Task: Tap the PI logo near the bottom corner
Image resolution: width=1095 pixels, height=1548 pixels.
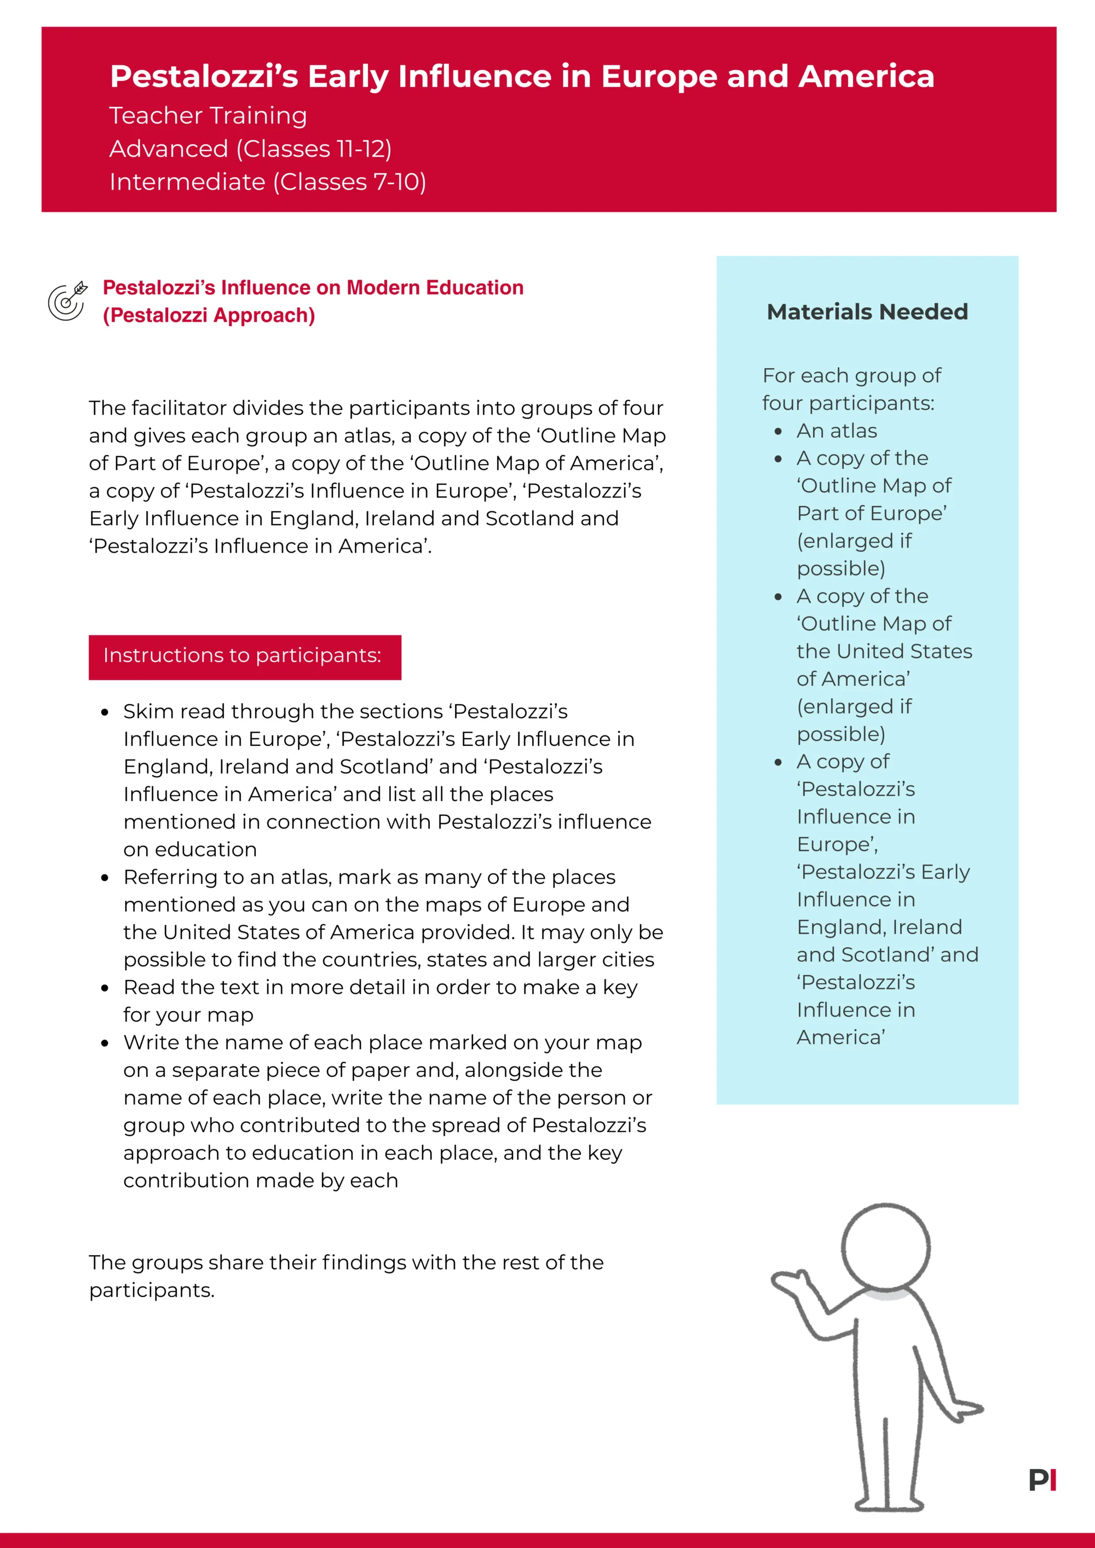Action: click(1042, 1480)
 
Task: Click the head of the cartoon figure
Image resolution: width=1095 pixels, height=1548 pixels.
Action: click(886, 1247)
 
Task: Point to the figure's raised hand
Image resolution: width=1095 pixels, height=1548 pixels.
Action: click(789, 1282)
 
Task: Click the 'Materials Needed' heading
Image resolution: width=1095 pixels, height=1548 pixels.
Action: click(867, 312)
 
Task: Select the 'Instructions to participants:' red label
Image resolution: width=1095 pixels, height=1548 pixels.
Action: click(244, 656)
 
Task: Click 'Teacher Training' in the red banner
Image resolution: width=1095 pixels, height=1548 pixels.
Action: click(208, 116)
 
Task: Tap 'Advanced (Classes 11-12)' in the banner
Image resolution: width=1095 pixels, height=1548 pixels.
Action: click(250, 149)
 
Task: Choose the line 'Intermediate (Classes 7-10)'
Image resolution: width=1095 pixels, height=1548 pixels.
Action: click(267, 182)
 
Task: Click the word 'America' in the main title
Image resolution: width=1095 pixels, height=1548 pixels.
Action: click(866, 76)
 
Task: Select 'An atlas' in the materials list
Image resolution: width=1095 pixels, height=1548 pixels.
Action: click(837, 431)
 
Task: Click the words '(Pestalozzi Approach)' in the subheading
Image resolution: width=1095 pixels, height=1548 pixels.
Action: click(209, 316)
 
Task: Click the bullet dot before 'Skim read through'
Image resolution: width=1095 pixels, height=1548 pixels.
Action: click(105, 712)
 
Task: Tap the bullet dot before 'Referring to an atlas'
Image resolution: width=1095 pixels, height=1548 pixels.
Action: click(105, 878)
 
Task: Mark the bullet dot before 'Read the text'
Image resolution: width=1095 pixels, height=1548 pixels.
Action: click(105, 988)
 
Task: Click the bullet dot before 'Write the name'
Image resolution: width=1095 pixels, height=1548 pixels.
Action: click(105, 1043)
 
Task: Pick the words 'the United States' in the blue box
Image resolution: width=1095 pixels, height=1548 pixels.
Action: click(884, 651)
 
